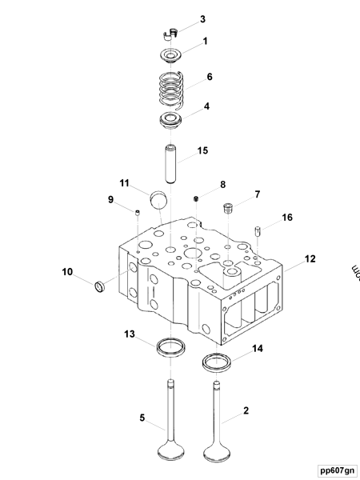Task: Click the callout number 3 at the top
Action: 202,18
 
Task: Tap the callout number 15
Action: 203,150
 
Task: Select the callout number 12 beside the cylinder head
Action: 310,258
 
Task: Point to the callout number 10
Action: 68,272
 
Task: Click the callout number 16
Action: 287,217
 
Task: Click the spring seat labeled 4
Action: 170,122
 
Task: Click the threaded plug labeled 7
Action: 227,209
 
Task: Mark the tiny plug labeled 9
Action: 136,212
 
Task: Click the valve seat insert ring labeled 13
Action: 170,346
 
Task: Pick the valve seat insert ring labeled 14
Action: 216,362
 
